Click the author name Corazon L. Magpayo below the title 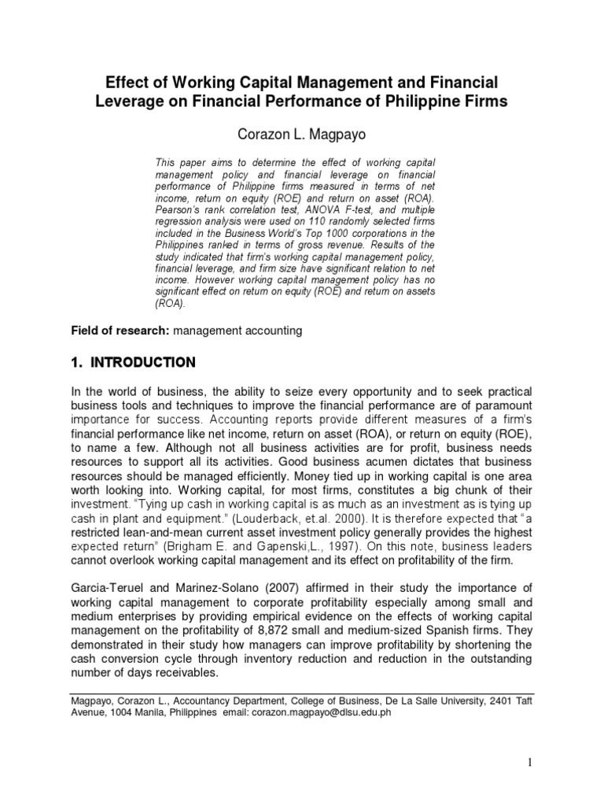tap(301, 132)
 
